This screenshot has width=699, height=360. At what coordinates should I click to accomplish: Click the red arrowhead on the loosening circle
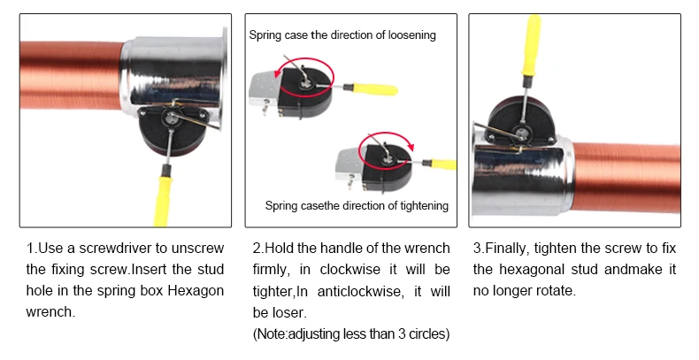[278, 72]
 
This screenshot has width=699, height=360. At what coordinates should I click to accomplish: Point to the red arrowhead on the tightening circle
[411, 147]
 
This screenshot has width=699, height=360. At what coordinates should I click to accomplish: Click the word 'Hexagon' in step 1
[196, 291]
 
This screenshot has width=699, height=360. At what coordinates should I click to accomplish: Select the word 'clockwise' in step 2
[350, 270]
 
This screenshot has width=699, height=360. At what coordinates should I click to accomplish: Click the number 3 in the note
[402, 333]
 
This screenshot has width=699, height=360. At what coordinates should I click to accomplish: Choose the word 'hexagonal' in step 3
[531, 270]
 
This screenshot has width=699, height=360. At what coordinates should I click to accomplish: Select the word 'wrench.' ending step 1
[50, 312]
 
